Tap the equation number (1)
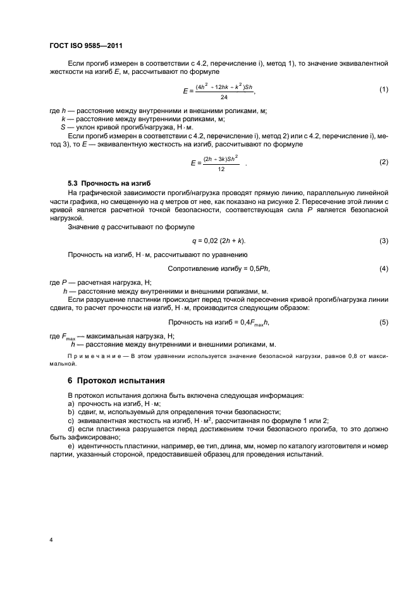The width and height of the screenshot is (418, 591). click(383, 90)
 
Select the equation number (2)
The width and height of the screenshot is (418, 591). click(383, 162)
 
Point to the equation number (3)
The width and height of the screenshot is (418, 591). click(383, 241)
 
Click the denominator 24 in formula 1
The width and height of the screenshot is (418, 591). click(224, 97)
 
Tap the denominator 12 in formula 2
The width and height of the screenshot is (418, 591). click(220, 169)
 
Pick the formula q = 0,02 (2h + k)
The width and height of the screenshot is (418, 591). click(219, 241)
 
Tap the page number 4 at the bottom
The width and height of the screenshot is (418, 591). click(50, 540)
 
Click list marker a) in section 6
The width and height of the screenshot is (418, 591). click(71, 403)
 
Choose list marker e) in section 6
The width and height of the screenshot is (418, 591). click(71, 446)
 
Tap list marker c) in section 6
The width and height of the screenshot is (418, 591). click(71, 420)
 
